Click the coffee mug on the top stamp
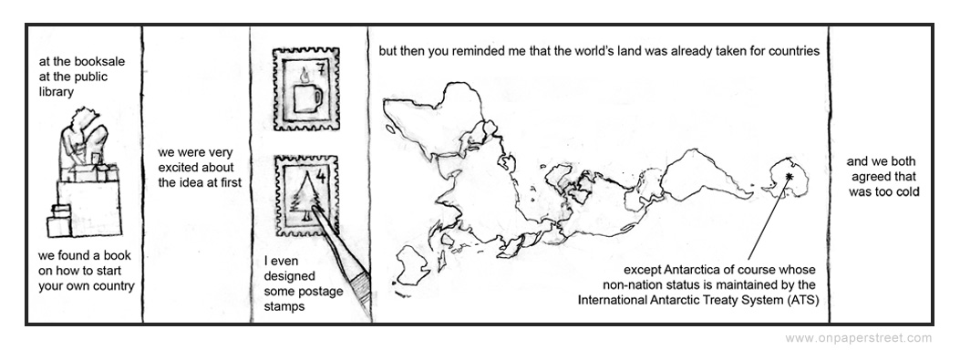[x=306, y=98]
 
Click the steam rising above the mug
[x=305, y=76]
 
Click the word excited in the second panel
[x=177, y=167]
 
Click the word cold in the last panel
[x=906, y=191]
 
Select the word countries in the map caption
[x=792, y=51]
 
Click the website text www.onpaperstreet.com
[x=859, y=338]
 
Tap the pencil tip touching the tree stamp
[x=314, y=208]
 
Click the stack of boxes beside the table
[x=59, y=221]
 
